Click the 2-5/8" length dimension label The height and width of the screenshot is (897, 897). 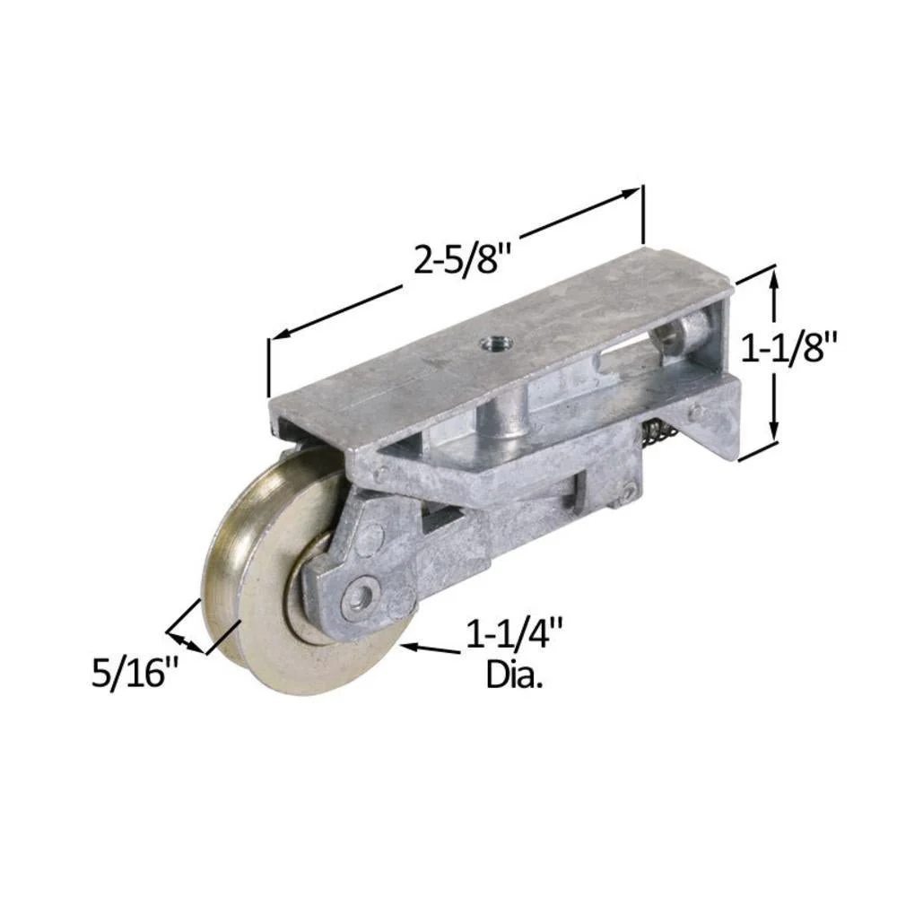pos(462,259)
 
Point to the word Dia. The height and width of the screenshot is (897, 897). pos(514,675)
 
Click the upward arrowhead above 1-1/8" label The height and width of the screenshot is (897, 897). pos(774,282)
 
